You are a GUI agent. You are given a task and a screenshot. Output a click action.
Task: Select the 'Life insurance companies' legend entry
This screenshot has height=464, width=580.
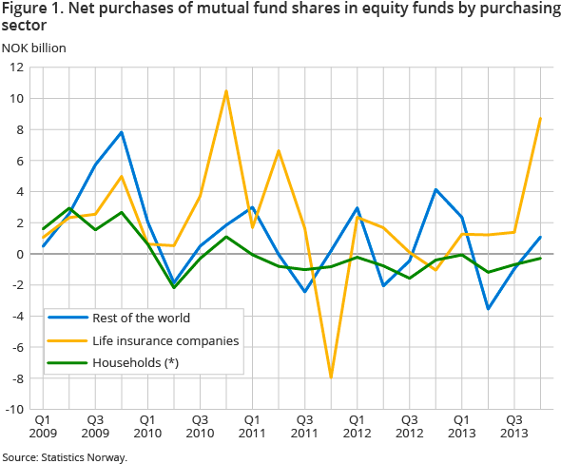tap(153, 339)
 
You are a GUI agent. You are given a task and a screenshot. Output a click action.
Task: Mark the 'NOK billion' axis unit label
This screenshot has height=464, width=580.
tap(34, 48)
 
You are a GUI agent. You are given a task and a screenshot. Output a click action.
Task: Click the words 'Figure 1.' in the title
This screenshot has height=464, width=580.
tap(32, 9)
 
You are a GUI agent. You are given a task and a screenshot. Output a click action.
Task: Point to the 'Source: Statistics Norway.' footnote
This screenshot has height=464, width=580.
tap(65, 457)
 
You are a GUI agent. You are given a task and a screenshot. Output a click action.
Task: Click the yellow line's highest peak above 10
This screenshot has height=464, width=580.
tap(226, 91)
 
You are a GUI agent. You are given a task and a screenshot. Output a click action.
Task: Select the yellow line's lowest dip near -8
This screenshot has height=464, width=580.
tap(331, 377)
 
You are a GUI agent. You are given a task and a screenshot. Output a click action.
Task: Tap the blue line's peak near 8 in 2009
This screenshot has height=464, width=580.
tap(122, 132)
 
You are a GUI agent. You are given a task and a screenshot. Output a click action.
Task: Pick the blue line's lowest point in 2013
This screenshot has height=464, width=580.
tap(489, 309)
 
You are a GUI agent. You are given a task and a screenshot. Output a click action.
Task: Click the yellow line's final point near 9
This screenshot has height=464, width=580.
tap(541, 118)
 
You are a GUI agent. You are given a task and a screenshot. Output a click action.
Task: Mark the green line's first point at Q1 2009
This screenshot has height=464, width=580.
tap(43, 229)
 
